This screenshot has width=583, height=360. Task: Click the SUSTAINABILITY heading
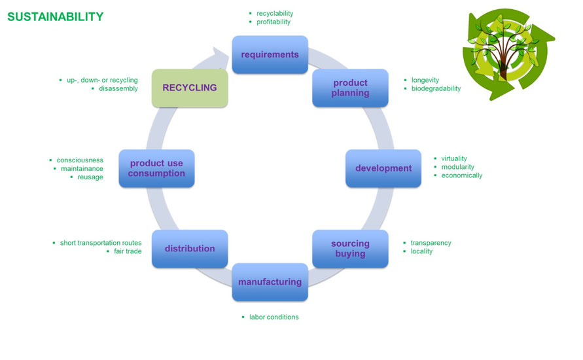[x=55, y=17]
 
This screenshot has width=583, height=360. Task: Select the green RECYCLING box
[x=190, y=87]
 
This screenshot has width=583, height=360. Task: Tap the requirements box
[x=270, y=54]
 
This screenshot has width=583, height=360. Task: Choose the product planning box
[x=350, y=88]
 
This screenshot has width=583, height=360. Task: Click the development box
[x=383, y=168]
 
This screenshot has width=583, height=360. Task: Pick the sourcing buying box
[x=350, y=248]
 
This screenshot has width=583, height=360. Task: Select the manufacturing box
[x=270, y=282]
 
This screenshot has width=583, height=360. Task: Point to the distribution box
[x=190, y=249]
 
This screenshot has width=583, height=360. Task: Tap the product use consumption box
[x=156, y=168]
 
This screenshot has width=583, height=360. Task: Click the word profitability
[x=274, y=22]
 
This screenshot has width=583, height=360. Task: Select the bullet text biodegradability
[x=436, y=89]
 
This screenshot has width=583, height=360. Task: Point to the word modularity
[x=457, y=167]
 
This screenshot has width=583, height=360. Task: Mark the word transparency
[x=431, y=243]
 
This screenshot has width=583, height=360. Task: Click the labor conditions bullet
[x=274, y=317]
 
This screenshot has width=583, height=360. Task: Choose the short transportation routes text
[x=100, y=243]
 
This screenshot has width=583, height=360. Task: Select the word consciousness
[x=80, y=160]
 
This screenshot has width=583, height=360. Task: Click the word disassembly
[x=118, y=89]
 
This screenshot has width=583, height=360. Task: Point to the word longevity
[x=425, y=81]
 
